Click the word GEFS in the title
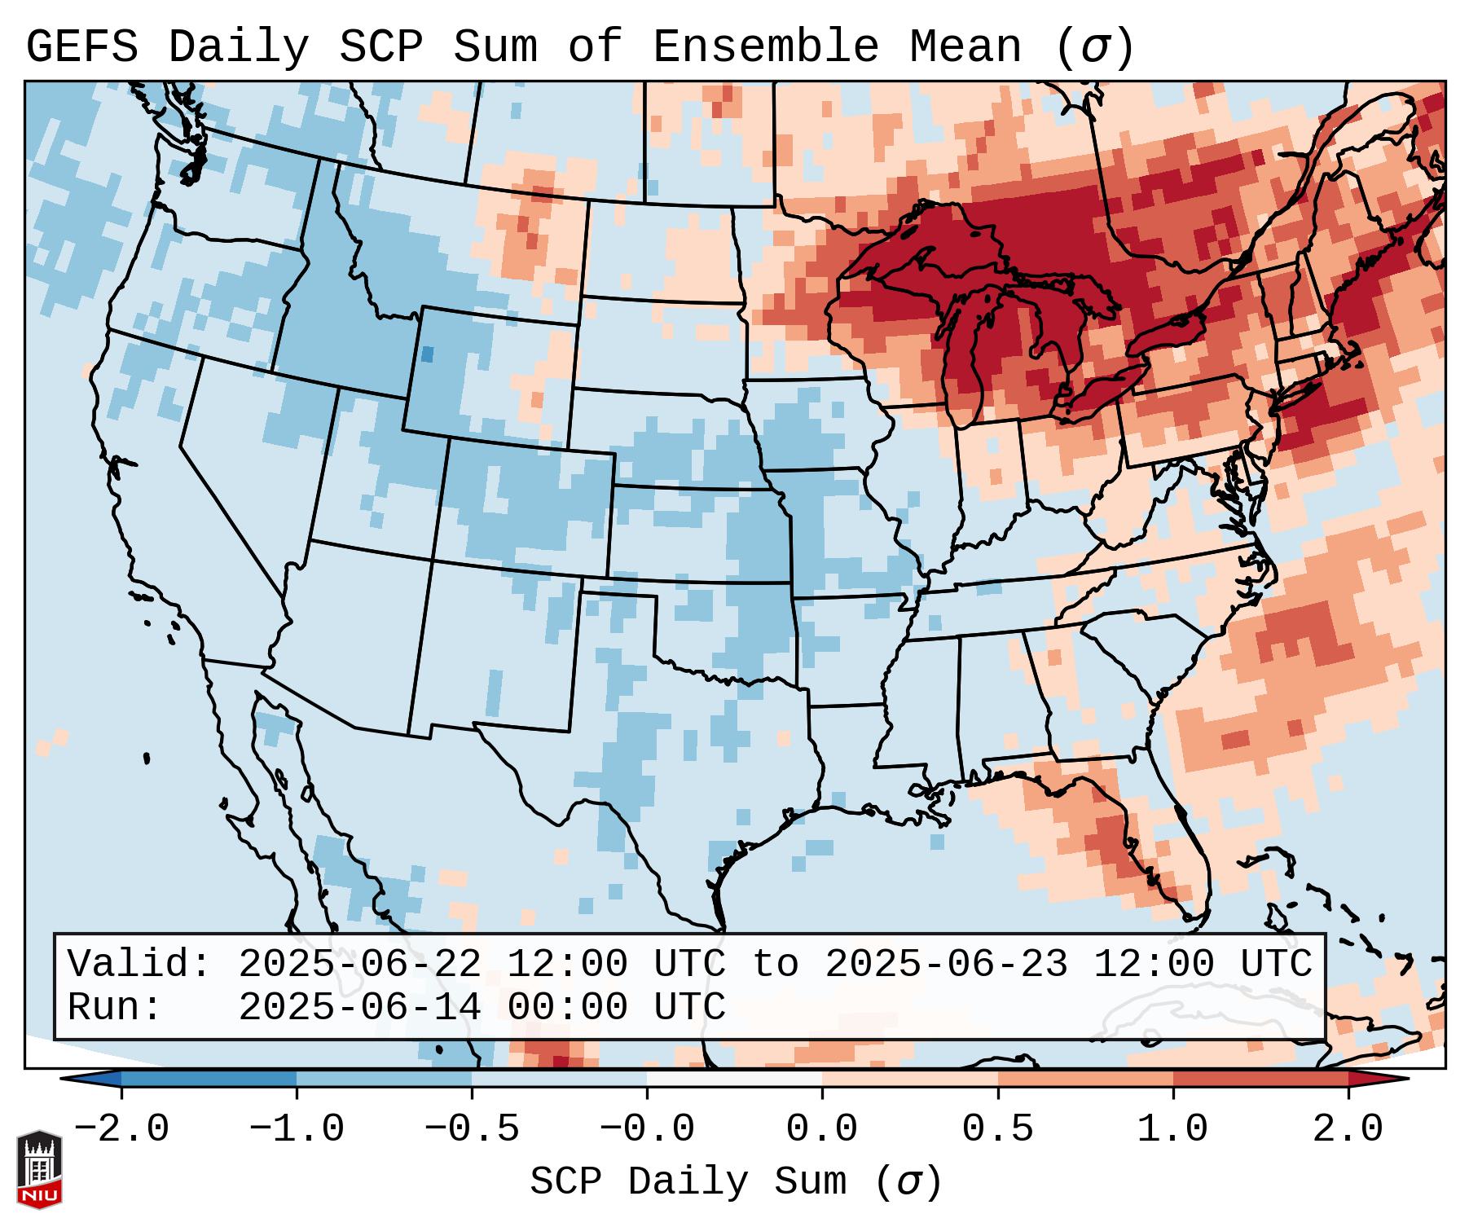[81, 46]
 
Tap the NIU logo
[39, 1168]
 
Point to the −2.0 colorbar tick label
[121, 1128]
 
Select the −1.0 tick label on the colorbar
[297, 1128]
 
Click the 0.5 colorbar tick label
[997, 1128]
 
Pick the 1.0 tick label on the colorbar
[1173, 1128]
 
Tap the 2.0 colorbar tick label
[1348, 1128]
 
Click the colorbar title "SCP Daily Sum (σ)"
[736, 1181]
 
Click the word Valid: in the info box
[139, 964]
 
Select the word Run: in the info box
[115, 1007]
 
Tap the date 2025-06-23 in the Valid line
[946, 964]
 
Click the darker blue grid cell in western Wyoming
[427, 354]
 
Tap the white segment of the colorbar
[734, 1079]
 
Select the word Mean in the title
[965, 46]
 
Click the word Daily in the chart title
[238, 46]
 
